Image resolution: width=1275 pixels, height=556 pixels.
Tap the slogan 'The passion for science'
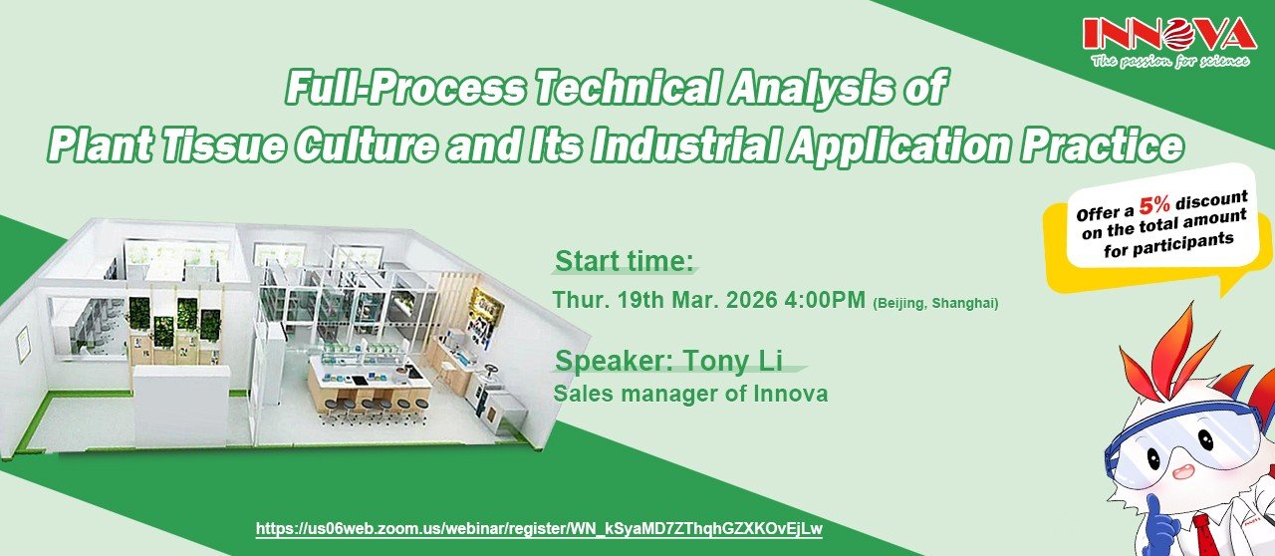(x=1170, y=61)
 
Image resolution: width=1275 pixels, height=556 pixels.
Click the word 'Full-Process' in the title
(x=404, y=87)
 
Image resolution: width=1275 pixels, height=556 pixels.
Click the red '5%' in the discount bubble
(x=1154, y=205)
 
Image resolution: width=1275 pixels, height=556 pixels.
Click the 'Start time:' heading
(x=625, y=261)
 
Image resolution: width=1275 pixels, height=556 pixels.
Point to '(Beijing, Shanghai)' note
(x=935, y=303)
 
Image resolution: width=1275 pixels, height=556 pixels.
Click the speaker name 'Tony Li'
(x=733, y=361)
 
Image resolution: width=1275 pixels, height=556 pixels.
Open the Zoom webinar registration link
(x=539, y=528)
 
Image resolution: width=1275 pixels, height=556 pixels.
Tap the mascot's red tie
(x=1208, y=535)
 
